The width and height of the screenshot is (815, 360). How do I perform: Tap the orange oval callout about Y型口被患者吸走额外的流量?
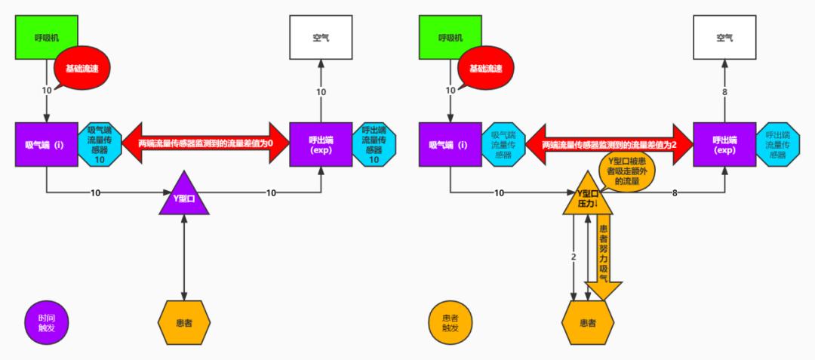(x=626, y=171)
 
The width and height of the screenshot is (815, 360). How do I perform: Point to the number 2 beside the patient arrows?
(x=574, y=257)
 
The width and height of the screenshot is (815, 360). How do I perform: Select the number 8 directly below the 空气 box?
(x=724, y=92)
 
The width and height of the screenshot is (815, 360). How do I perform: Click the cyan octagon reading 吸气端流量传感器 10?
(x=100, y=143)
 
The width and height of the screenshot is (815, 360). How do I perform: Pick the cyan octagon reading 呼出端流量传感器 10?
(x=374, y=143)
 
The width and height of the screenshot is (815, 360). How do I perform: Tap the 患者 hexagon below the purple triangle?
(x=184, y=323)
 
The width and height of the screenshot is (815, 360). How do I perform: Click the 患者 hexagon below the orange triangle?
(x=588, y=323)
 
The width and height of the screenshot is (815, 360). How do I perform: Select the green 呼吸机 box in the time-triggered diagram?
(x=46, y=36)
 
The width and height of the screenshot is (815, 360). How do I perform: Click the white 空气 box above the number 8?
(x=724, y=36)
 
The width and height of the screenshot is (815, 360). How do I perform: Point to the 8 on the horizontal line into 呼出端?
(x=674, y=193)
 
